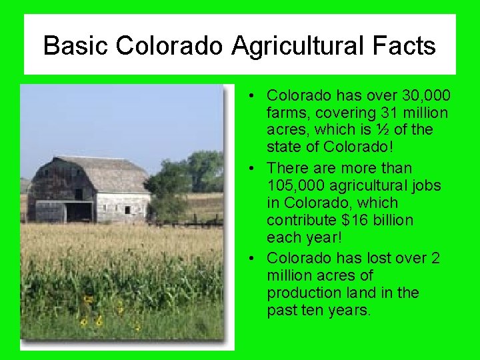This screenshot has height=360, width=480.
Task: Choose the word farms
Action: click(286, 113)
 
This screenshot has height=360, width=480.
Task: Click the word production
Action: click(301, 293)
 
